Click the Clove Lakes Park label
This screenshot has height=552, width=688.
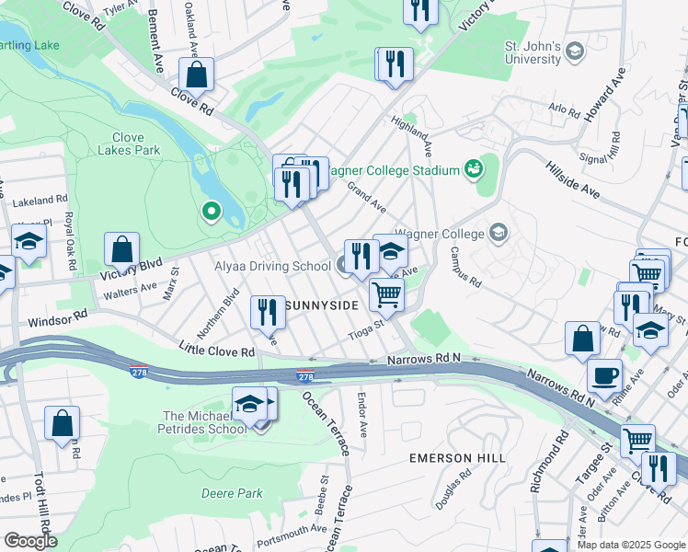[x=129, y=144]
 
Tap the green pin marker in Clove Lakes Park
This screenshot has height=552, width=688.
[x=211, y=213]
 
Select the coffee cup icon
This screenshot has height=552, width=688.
[x=604, y=375]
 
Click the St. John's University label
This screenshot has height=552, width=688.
[x=532, y=52]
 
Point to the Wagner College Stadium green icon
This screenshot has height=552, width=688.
[x=474, y=168]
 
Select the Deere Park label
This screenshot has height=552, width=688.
[x=232, y=493]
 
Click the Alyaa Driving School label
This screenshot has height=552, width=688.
[x=272, y=267]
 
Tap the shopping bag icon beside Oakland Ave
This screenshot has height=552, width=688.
[x=197, y=74]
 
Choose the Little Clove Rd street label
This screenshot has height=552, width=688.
[x=216, y=351]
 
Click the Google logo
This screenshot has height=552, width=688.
[x=29, y=541]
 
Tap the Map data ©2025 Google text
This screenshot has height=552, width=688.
[x=630, y=545]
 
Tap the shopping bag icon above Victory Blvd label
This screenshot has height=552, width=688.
[x=121, y=248]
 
